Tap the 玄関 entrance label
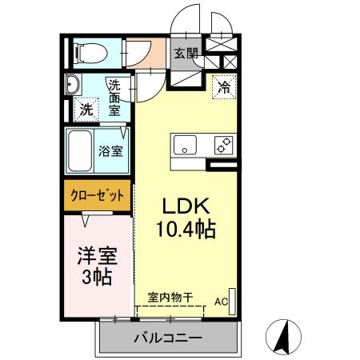click(x=186, y=54)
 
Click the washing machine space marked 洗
click(x=86, y=110)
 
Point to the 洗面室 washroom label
click(x=116, y=97)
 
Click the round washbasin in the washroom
click(x=73, y=84)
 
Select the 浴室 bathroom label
click(x=110, y=150)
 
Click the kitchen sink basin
click(x=185, y=146)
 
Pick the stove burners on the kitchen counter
click(x=222, y=146)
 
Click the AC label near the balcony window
click(x=220, y=302)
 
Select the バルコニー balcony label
click(x=167, y=338)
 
